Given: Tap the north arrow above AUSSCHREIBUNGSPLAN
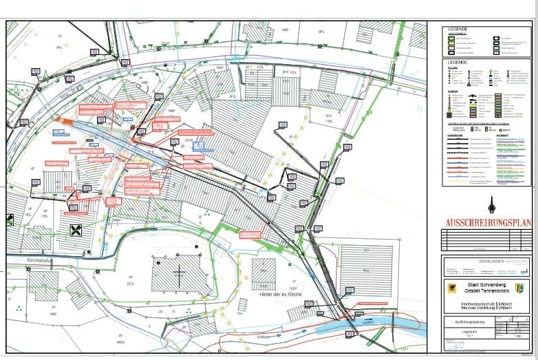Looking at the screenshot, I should [x=491, y=205].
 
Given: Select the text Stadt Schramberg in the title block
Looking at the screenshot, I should [x=486, y=283].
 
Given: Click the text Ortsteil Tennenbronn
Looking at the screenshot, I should [x=486, y=290].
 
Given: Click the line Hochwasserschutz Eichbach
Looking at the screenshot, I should [x=486, y=302].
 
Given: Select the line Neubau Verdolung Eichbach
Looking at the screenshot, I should [x=486, y=308].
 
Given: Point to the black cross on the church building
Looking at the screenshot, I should [x=180, y=276].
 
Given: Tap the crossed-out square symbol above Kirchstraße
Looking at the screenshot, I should [x=76, y=230].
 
